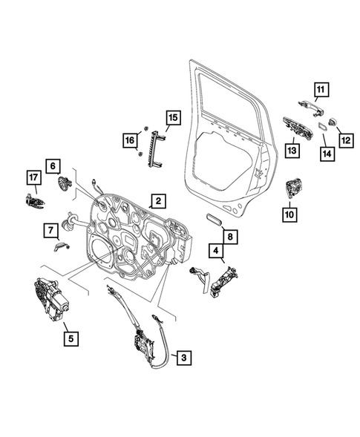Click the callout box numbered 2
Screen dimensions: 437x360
158,200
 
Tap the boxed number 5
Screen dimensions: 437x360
71,341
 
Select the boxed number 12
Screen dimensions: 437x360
345,138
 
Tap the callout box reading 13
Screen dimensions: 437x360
292,150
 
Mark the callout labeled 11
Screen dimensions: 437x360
320,93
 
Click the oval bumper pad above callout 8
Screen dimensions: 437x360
215,219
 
